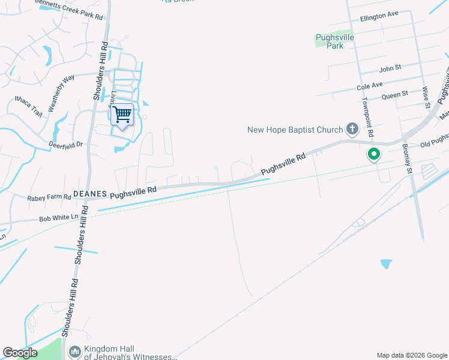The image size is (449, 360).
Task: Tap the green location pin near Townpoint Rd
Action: click(x=373, y=155)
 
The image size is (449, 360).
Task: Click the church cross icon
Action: click(x=352, y=129)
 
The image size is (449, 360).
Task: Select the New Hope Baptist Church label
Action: click(x=295, y=130)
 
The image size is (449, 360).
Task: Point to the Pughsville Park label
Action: click(x=334, y=41)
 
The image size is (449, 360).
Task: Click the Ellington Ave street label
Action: click(x=379, y=16)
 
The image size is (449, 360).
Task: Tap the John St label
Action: click(x=390, y=69)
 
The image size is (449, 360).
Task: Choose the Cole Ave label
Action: click(x=369, y=86)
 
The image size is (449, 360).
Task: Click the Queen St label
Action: click(x=394, y=95)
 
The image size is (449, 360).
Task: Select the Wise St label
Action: click(x=426, y=98)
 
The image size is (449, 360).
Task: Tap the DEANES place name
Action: click(x=89, y=194)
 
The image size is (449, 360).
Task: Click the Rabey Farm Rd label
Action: click(x=49, y=197)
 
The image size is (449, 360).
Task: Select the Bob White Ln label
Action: click(x=59, y=219)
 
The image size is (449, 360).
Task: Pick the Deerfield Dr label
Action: click(x=67, y=145)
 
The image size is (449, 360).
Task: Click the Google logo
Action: click(x=20, y=353)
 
